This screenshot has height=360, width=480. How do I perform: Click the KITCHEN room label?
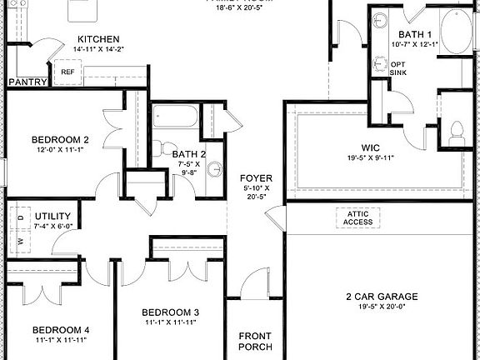[x=98, y=39]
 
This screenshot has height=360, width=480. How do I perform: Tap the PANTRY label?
[x=27, y=82]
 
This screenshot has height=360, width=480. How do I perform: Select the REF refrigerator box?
[x=67, y=72]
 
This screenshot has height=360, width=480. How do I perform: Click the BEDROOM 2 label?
[x=60, y=139]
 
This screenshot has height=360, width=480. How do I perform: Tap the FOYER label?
[x=254, y=178]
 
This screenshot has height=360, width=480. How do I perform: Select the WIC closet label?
[x=371, y=147]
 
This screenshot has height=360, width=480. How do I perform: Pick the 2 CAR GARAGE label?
[x=381, y=297]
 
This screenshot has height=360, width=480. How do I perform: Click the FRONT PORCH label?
[x=255, y=342]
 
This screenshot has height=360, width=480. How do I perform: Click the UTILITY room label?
[x=52, y=216]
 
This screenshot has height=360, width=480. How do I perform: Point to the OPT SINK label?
[x=399, y=67]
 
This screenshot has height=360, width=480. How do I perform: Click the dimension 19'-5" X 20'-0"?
[x=381, y=307]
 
